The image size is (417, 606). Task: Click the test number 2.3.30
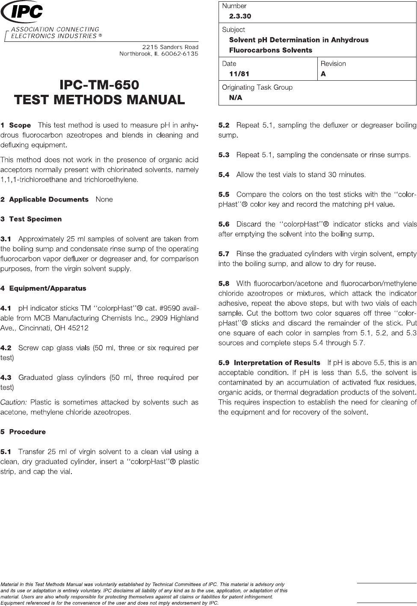pos(240,16)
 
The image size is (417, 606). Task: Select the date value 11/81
pos(239,74)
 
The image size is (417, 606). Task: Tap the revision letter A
pos(323,74)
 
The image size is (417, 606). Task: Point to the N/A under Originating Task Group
pos(236,98)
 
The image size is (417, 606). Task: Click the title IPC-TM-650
pos(99,84)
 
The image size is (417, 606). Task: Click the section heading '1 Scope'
pos(16,126)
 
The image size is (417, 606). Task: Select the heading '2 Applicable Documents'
pos(44,199)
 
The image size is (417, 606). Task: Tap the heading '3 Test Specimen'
pos(31,219)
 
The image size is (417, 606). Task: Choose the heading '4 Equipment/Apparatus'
pos(43,288)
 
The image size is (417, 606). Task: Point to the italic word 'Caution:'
pos(14,402)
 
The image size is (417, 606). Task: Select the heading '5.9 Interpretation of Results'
pos(269,363)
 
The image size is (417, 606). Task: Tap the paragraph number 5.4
pos(224,175)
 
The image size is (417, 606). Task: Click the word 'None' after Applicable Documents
pos(104,199)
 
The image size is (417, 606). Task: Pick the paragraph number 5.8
pos(224,283)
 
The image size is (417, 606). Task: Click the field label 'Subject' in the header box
pos(234,30)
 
